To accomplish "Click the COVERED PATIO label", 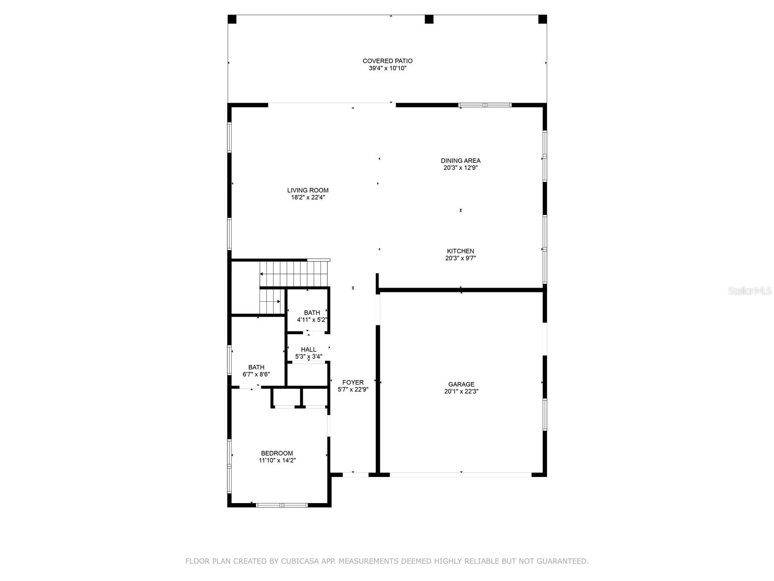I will tap(387, 61).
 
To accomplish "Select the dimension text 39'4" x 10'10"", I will tap(387, 69).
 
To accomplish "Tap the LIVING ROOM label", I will tap(308, 190).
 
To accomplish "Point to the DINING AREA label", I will tap(461, 161).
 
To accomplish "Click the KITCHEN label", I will tap(461, 251).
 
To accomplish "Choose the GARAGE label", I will tap(461, 384).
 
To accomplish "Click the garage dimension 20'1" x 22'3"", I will tap(461, 392).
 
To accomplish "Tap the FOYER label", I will tap(353, 382).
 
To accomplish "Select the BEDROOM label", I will tap(277, 453).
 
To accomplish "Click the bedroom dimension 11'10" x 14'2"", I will tap(277, 461).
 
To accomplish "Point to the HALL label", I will tap(309, 350).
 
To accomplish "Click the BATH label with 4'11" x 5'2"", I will tap(312, 313).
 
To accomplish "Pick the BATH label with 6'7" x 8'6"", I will tap(256, 367).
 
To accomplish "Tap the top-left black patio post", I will tap(232, 19).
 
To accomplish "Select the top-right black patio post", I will tap(542, 19).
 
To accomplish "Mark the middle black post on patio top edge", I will tap(429, 19).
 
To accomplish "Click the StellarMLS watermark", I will tap(750, 291).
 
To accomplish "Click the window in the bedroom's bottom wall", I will tap(282, 505).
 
